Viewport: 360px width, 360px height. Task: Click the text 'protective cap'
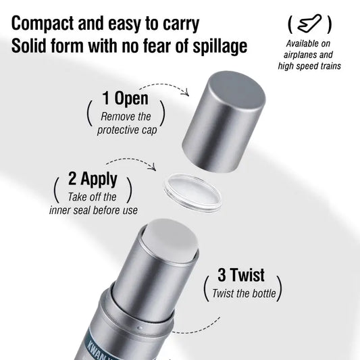pos(127,130)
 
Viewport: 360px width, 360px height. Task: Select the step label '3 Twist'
pos(241,276)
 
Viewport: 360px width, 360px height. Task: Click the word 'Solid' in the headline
pos(30,47)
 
